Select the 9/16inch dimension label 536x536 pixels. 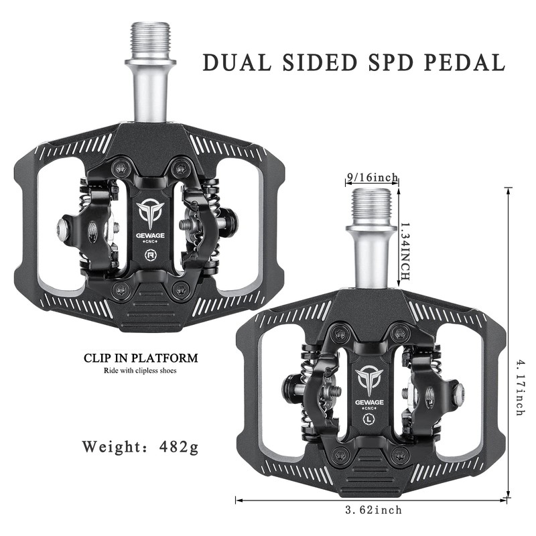pyautogui.click(x=372, y=178)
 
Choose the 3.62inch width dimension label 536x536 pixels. pyautogui.click(x=373, y=510)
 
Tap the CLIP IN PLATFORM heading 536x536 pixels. pyautogui.click(x=141, y=358)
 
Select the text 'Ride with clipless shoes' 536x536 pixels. pyautogui.click(x=140, y=371)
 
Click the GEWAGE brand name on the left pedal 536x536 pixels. pyautogui.click(x=150, y=235)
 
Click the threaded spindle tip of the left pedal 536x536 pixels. pyautogui.click(x=150, y=40)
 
